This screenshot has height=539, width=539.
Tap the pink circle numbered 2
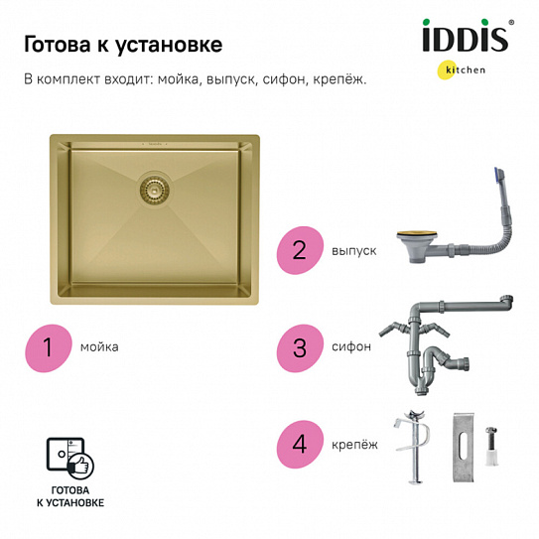pos(299,252)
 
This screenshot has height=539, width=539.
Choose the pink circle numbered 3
pos(299,347)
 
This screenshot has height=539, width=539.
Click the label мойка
pos(101,347)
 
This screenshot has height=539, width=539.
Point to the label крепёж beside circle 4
pos(354,443)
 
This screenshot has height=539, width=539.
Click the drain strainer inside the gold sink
pos(153,186)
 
